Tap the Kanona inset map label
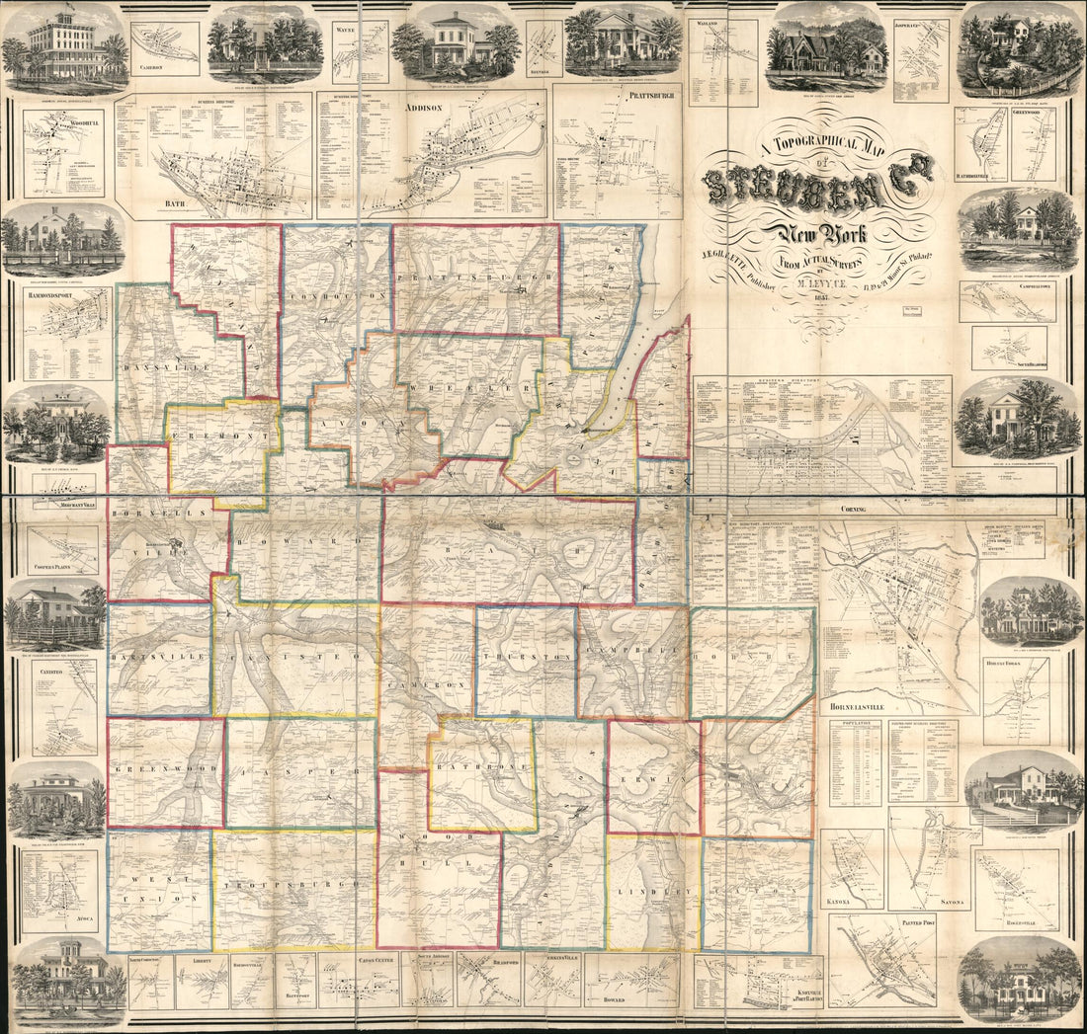[x=838, y=903]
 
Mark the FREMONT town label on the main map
[x=221, y=436]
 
